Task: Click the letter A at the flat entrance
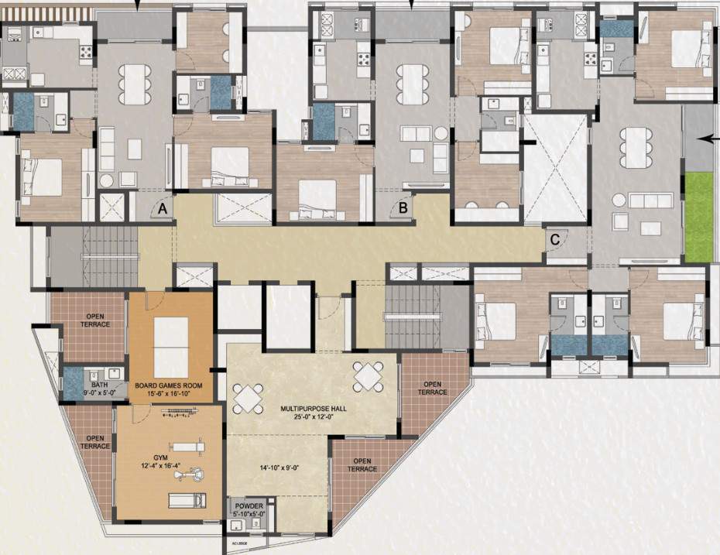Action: click(x=163, y=208)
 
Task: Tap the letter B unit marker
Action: click(x=403, y=207)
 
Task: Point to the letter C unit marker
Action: click(x=554, y=239)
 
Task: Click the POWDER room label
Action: click(x=249, y=505)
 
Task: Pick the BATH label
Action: click(x=98, y=384)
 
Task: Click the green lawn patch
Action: click(x=698, y=218)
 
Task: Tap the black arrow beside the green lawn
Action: click(x=705, y=139)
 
